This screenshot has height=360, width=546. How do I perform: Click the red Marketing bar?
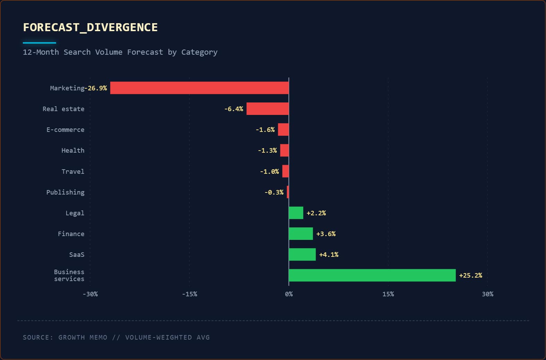pos(200,88)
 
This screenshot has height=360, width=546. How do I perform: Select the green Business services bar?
pos(372,275)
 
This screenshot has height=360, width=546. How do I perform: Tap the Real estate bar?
pos(268,109)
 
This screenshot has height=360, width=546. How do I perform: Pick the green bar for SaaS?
pos(302,254)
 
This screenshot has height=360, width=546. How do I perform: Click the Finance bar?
pos(301,234)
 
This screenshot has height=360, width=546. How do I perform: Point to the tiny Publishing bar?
pos(288,192)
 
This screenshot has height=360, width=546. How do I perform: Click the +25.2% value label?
pos(470,276)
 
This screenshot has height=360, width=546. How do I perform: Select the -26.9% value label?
pos(96,88)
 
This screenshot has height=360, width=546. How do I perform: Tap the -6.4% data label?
pos(234,109)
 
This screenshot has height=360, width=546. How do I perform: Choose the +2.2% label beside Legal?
pos(316,213)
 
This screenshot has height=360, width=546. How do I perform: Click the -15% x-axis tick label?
pos(190,294)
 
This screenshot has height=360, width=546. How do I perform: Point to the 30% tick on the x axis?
pos(487,294)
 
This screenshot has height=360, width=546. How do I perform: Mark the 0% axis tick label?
pos(289,294)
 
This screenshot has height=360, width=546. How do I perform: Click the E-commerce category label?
pos(65,129)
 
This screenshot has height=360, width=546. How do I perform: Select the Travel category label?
pos(73,171)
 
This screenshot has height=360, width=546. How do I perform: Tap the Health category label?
pos(73,151)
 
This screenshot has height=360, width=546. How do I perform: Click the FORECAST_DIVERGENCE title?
pos(90,27)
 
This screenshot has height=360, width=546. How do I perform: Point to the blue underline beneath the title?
pos(39,43)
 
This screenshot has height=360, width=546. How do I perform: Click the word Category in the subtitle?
pos(200,52)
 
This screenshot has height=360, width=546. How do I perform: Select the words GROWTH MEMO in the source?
pos(83,337)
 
